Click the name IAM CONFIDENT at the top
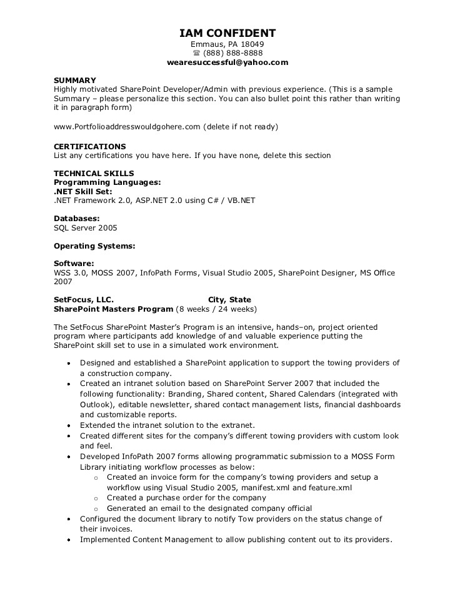coord(227,33)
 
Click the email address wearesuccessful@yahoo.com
coord(227,62)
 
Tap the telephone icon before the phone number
coord(196,54)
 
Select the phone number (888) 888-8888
coord(232,54)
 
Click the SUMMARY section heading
coord(75,81)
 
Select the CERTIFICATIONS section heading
coord(90,147)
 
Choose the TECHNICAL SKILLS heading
coord(94,174)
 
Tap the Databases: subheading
coord(77,219)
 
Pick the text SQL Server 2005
coord(85,228)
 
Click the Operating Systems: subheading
coord(94,246)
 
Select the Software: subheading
coord(74,264)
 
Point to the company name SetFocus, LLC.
coord(84,300)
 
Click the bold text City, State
coord(229,300)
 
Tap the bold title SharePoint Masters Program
coord(113,309)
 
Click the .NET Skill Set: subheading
coord(83,192)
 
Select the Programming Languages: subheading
coord(107,182)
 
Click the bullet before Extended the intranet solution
coord(68,425)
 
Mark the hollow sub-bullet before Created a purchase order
coord(96,498)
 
